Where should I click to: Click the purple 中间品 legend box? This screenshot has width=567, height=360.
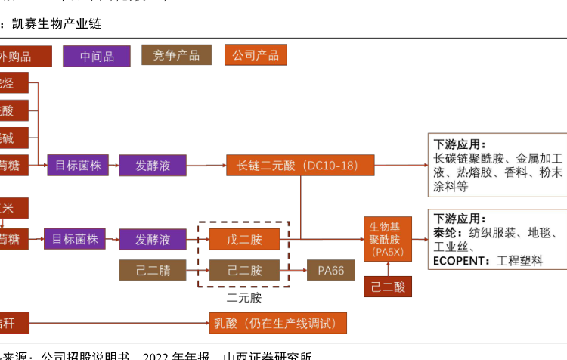(x=97, y=56)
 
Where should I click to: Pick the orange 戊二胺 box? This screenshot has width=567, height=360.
(x=244, y=240)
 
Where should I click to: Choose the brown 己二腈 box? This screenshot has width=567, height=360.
(x=153, y=270)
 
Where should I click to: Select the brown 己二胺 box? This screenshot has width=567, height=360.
(x=244, y=270)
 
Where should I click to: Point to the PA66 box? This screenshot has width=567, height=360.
(x=330, y=270)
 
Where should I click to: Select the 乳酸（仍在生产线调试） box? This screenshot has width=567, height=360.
(x=277, y=323)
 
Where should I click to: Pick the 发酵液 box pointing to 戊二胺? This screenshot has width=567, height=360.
(x=153, y=240)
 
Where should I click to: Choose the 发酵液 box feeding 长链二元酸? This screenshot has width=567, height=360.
(x=153, y=165)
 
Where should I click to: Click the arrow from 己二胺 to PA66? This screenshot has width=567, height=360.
(x=293, y=270)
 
